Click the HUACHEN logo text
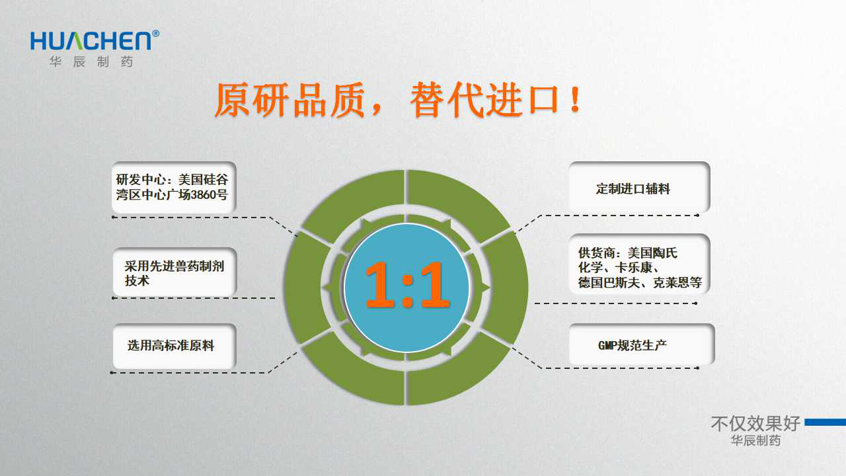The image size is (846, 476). coord(91,41)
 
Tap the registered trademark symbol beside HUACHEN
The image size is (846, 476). coord(155,34)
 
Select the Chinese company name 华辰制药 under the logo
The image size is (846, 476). coord(91,61)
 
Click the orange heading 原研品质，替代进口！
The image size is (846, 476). coord(398,100)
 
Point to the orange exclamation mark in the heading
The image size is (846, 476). coord(576,100)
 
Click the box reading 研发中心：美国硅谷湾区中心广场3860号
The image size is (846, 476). coord(174,187)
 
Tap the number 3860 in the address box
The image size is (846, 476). coord(203,195)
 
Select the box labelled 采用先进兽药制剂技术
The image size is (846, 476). coord(175,272)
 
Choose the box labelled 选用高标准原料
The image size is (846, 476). coord(174,346)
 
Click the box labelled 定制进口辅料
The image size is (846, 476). coord(639,187)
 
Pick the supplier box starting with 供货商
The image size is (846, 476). coord(639,264)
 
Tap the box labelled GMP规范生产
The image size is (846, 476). coord(642,344)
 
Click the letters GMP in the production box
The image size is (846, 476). coord(607,345)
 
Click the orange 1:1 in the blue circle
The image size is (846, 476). coord(408,285)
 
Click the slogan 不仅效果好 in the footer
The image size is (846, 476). coord(755,424)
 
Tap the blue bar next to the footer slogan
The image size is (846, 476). coord(826,422)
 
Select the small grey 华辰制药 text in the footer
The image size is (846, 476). coord(755,440)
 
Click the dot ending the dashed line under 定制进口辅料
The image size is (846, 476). coord(697,216)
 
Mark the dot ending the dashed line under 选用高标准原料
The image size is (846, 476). coord(112,372)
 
